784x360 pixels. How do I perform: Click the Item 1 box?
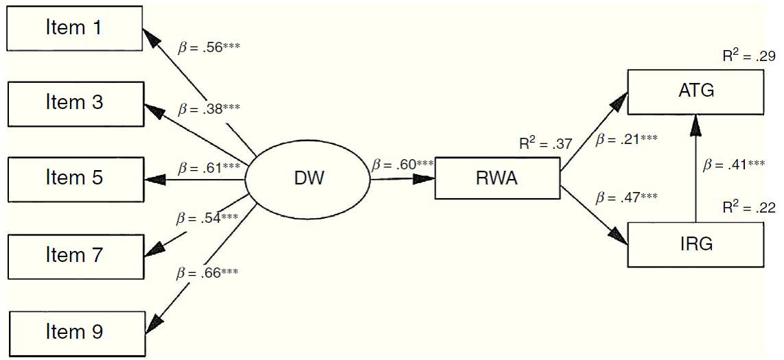coord(75,28)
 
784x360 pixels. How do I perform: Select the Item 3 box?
coord(75,104)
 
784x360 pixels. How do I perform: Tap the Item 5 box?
coord(75,179)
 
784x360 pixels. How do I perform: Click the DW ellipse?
coord(307,180)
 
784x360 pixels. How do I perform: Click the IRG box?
coord(695,243)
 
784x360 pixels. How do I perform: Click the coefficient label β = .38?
coord(209,109)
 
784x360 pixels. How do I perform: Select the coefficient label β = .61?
coord(209,167)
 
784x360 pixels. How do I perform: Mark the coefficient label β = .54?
coord(207,218)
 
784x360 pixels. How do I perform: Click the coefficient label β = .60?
coord(403,165)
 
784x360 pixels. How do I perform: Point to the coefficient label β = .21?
coord(627,140)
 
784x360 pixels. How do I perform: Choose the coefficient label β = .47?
coord(627,198)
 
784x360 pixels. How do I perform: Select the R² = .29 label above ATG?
coord(748,56)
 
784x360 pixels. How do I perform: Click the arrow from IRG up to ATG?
coord(696,171)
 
